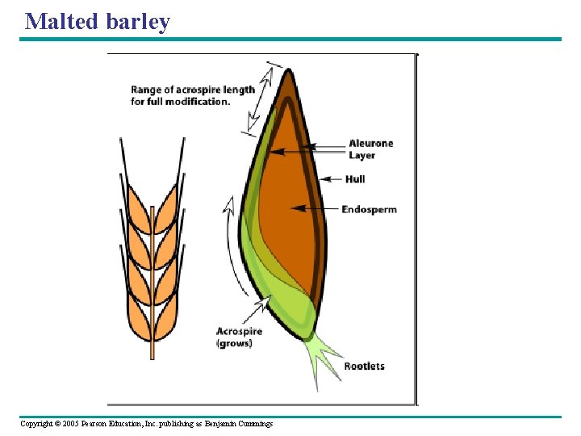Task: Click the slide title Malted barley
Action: tap(98, 21)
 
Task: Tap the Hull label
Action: tap(355, 178)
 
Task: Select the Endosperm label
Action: tap(369, 209)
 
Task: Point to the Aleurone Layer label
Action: tap(370, 149)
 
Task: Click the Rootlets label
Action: tap(364, 366)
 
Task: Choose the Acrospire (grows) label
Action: tap(239, 337)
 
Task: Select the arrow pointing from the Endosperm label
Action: tap(315, 208)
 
